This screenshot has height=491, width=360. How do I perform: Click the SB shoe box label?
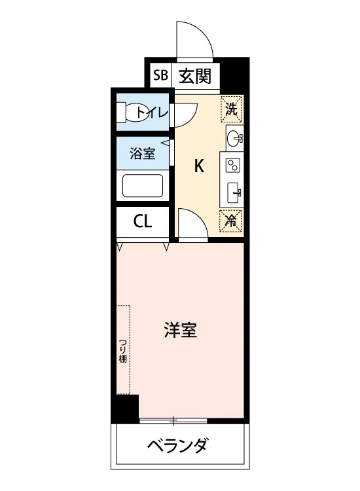point(160,75)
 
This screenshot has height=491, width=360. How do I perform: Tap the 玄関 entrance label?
point(194,76)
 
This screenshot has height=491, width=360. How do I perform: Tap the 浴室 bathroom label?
point(143,153)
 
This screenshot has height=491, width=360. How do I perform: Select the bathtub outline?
point(143,185)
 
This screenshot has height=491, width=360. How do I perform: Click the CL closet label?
point(143,222)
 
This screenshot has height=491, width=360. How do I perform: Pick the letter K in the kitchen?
point(199,166)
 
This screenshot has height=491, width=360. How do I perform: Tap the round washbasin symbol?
point(234,138)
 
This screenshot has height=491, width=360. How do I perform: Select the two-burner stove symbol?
point(233,165)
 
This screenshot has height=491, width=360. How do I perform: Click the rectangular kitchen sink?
point(234,192)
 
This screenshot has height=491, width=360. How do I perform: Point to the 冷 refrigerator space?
point(231,221)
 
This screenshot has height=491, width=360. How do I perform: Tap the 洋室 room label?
point(181,331)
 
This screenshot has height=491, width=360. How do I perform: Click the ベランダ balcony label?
point(177,445)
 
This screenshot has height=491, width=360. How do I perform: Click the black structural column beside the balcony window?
point(128,409)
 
